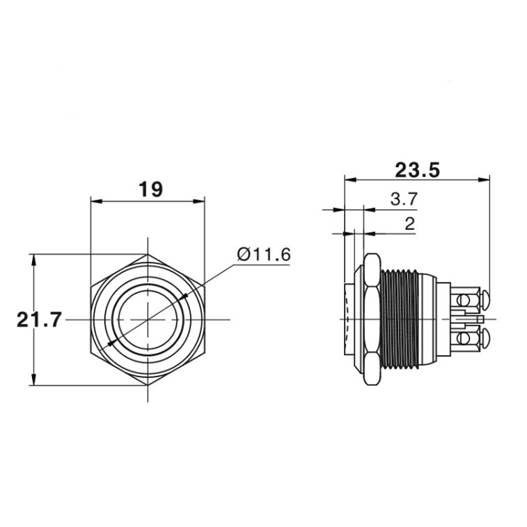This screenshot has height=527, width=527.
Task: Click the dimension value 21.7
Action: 38,320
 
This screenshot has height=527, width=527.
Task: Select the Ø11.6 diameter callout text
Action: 263,255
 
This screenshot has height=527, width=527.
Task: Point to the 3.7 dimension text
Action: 403,200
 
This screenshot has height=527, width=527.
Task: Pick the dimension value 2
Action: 409,223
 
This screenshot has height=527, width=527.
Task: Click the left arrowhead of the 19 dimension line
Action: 95,202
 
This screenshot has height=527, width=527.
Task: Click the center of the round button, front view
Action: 148,320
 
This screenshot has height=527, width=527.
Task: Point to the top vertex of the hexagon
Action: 148,255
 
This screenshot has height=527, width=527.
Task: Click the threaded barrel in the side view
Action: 400,320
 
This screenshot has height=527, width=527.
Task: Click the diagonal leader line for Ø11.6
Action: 209,278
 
